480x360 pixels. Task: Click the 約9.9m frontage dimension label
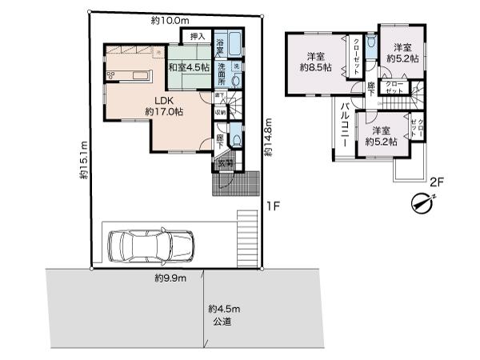(x=170, y=278)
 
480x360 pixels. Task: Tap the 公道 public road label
(x=222, y=321)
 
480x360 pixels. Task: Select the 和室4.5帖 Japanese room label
(x=189, y=68)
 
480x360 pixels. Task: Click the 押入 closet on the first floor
(x=196, y=36)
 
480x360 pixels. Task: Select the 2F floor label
(x=436, y=183)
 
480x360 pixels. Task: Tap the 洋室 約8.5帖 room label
(x=314, y=62)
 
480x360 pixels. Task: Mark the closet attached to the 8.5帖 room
(x=349, y=56)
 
